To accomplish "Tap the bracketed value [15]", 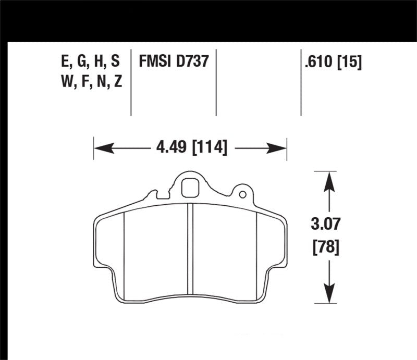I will (x=349, y=62).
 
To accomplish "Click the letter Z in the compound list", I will (x=117, y=82).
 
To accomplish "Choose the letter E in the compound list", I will (x=65, y=62).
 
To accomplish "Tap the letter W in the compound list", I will (x=67, y=82).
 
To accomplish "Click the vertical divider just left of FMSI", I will (x=131, y=83).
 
